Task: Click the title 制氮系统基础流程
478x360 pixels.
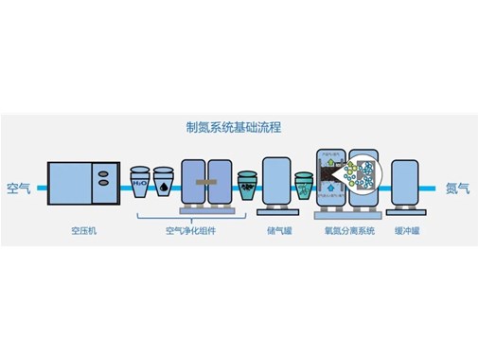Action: (239, 126)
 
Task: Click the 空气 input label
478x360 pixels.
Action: (19, 188)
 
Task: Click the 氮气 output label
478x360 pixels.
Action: (457, 188)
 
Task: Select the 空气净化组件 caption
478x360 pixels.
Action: (189, 228)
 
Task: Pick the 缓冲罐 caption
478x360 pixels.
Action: (408, 228)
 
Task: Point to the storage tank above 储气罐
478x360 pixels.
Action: (275, 182)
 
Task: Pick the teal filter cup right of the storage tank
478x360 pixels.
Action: (305, 186)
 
